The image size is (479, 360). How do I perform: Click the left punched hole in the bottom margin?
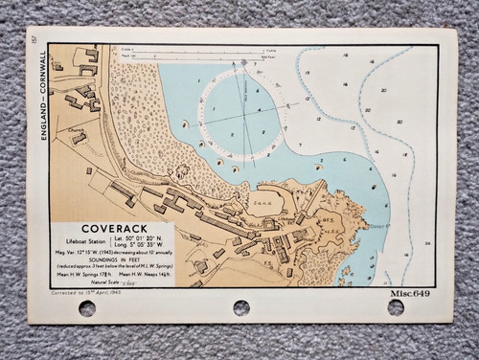pos(86,307)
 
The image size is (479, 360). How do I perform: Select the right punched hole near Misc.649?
pos(395,307)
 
